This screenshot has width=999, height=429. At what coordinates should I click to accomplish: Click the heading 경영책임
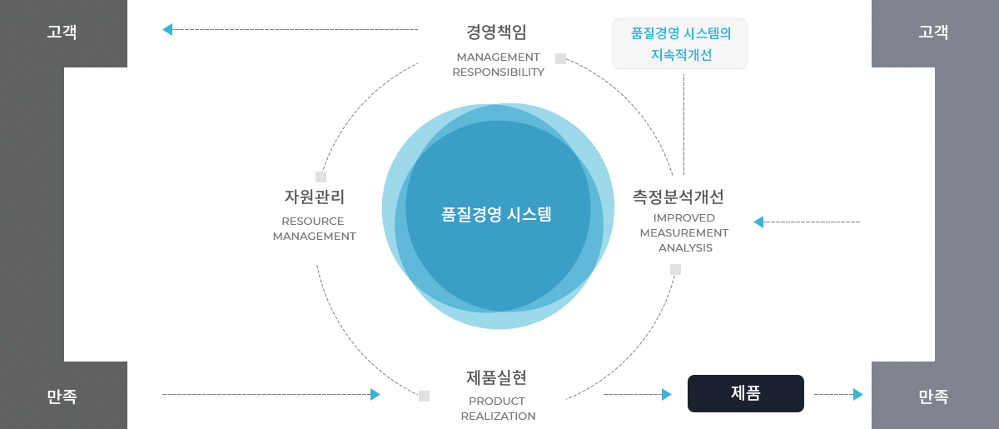click(x=496, y=32)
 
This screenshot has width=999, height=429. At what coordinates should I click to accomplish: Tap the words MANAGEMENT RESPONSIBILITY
click(x=498, y=65)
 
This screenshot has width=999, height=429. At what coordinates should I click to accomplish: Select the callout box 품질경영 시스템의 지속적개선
click(x=679, y=44)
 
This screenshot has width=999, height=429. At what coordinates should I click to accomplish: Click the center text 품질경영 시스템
click(x=496, y=214)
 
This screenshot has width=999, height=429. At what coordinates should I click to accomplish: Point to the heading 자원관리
click(x=315, y=197)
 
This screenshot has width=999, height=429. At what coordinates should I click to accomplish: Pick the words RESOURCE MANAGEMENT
click(x=315, y=228)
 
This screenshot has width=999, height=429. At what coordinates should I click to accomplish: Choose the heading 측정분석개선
click(x=678, y=197)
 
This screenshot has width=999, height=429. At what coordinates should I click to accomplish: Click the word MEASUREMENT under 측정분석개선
click(x=684, y=233)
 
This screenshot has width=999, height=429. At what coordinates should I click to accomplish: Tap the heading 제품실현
click(x=496, y=377)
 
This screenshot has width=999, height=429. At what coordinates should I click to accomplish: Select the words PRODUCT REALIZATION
click(x=498, y=408)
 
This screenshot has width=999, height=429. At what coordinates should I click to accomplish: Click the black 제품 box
click(x=746, y=393)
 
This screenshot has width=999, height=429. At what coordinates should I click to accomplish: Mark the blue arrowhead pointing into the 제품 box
click(x=667, y=394)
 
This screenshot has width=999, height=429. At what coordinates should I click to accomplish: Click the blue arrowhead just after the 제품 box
click(x=858, y=394)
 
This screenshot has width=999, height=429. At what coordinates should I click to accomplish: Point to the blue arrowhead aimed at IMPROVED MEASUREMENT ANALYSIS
click(x=758, y=222)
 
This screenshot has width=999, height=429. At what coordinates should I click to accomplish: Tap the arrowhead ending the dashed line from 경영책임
click(x=167, y=29)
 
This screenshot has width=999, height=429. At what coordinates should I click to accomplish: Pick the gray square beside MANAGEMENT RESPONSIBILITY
click(x=560, y=58)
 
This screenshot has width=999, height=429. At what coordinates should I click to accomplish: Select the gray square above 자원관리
click(x=321, y=177)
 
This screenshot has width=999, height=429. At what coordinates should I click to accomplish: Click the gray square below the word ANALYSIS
click(x=676, y=269)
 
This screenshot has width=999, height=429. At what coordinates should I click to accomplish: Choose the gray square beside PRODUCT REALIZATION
click(x=424, y=396)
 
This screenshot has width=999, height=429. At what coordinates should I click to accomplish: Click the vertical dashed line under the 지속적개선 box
click(x=683, y=125)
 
